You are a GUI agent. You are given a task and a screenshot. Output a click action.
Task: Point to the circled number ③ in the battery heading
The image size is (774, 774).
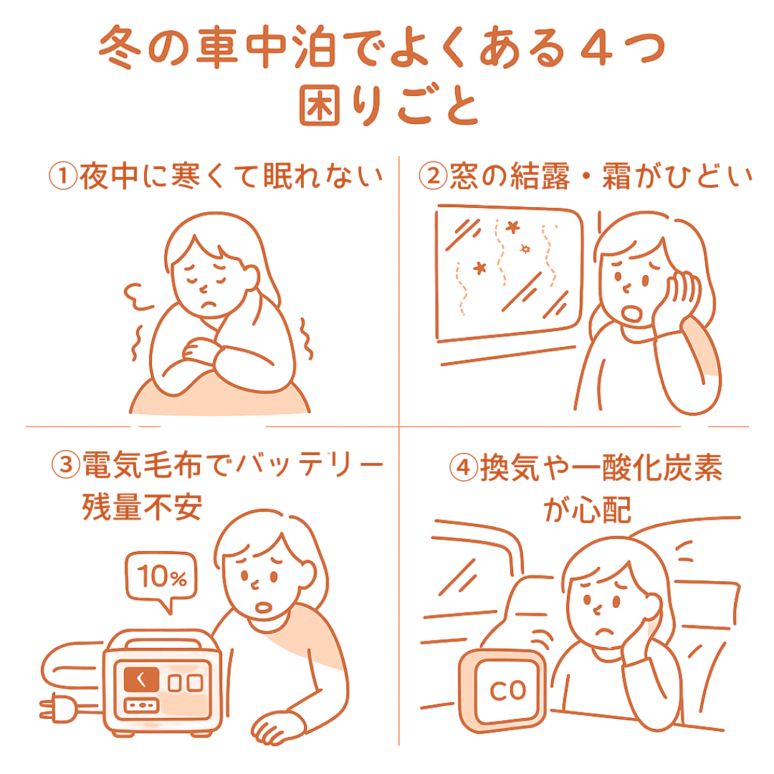pyautogui.click(x=66, y=466)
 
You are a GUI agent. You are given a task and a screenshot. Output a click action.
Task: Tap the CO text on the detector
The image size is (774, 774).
pyautogui.click(x=507, y=690)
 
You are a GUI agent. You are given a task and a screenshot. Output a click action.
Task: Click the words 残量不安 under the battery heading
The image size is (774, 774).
pyautogui.click(x=141, y=507)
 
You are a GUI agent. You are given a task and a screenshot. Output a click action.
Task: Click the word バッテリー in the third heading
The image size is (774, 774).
pyautogui.click(x=310, y=466)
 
